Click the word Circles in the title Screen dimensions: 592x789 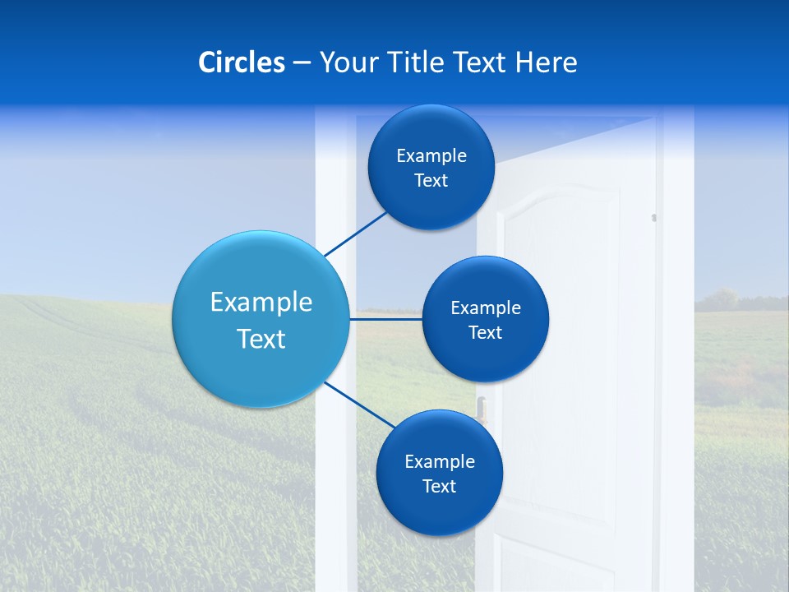241,62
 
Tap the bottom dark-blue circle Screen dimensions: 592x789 439,510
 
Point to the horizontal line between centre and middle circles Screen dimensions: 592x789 385,319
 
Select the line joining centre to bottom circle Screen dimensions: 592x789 358,403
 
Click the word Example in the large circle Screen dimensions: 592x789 261,302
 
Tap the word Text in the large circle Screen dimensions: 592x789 261,339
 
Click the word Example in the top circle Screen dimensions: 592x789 431,156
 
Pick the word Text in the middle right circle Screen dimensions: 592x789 485,333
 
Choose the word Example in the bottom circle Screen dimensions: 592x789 440,461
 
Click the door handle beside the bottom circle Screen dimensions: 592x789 482,407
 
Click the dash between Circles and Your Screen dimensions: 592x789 302,63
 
